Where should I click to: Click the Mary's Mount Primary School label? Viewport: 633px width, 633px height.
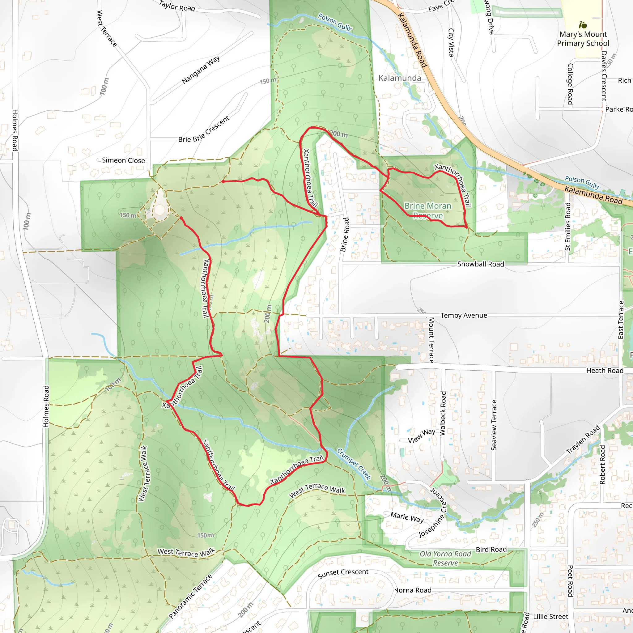point(583,39)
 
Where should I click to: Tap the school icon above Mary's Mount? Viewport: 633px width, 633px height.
point(583,25)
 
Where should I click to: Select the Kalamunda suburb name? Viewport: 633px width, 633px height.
point(400,78)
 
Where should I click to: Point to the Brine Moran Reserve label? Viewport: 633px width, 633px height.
point(428,210)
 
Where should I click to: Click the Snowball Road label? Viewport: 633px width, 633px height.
point(481,264)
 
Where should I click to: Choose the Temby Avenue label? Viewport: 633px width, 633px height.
point(464,315)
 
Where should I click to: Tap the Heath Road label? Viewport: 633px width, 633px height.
point(605,370)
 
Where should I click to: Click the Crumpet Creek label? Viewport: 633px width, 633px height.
point(354,464)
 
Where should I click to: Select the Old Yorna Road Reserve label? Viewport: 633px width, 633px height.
point(445,558)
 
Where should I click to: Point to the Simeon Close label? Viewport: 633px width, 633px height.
point(123,160)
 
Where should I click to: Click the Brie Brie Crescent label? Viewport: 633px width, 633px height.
point(204,130)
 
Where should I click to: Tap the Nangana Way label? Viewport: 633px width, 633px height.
point(201,70)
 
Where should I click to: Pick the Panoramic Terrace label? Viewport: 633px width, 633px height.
point(190,596)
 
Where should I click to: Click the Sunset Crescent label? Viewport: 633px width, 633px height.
point(343,573)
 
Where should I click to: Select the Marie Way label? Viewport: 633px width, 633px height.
point(407,517)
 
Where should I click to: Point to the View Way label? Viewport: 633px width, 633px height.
point(421,436)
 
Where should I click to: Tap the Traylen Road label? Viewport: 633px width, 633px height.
point(583,440)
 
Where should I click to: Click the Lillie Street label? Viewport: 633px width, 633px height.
point(550,617)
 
